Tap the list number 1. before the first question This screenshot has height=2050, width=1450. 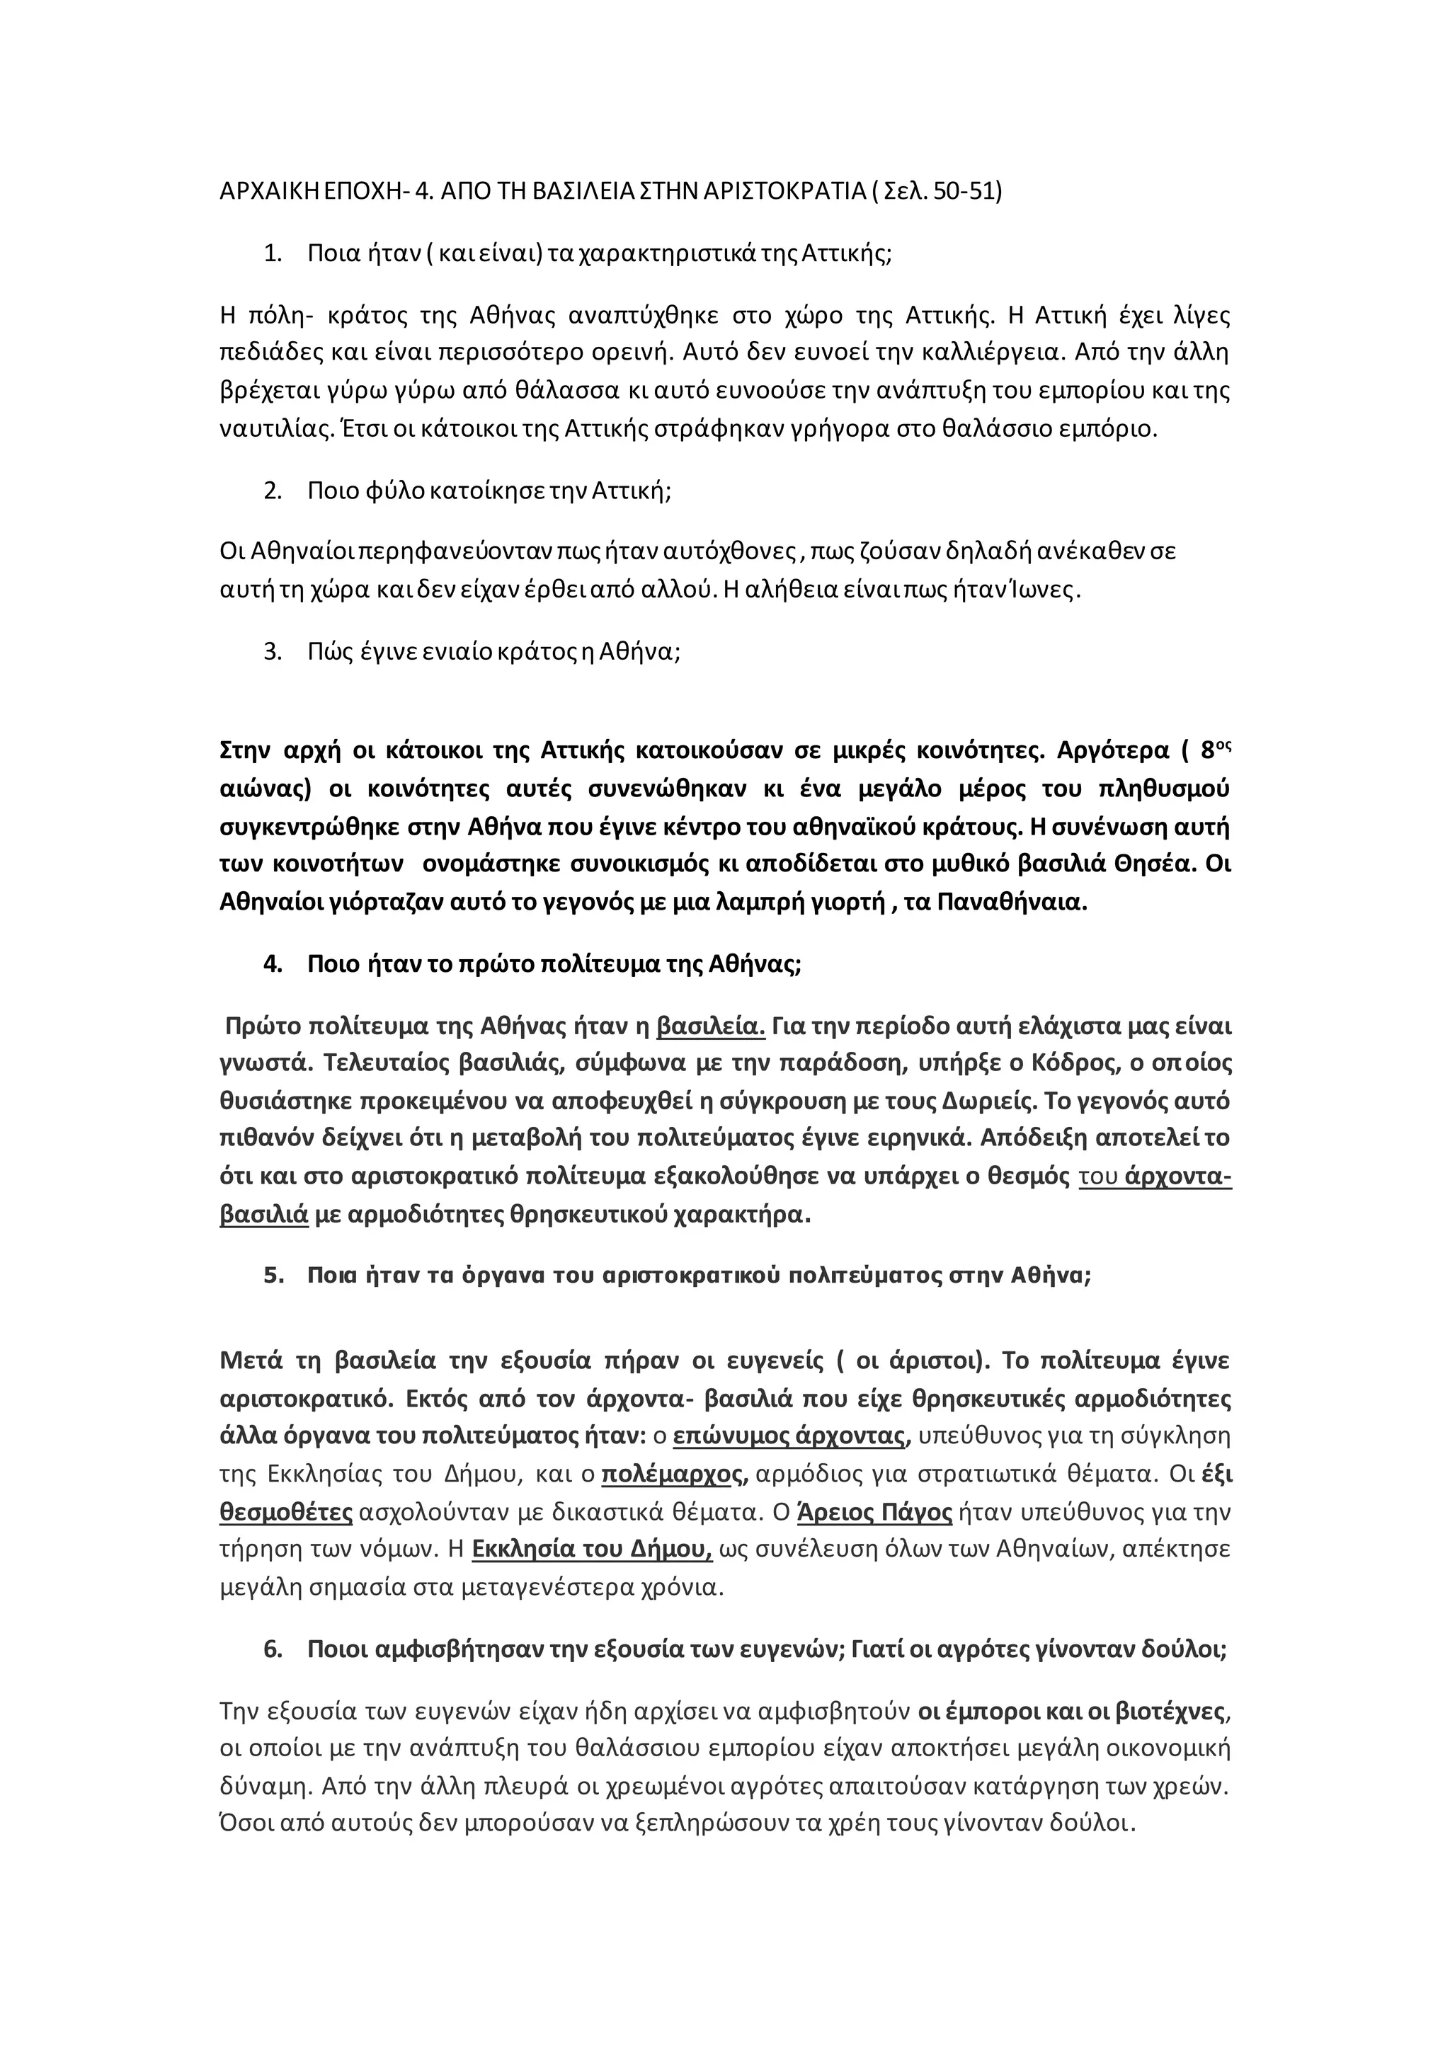pyautogui.click(x=273, y=253)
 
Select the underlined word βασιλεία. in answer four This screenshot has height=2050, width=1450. pyautogui.click(x=711, y=1026)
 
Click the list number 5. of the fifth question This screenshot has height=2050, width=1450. pyautogui.click(x=273, y=1275)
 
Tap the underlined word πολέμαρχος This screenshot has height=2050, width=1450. pyautogui.click(x=675, y=1474)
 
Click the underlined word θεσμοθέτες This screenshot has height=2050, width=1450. pyautogui.click(x=286, y=1511)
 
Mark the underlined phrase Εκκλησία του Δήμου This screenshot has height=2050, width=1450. pyautogui.click(x=591, y=1549)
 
